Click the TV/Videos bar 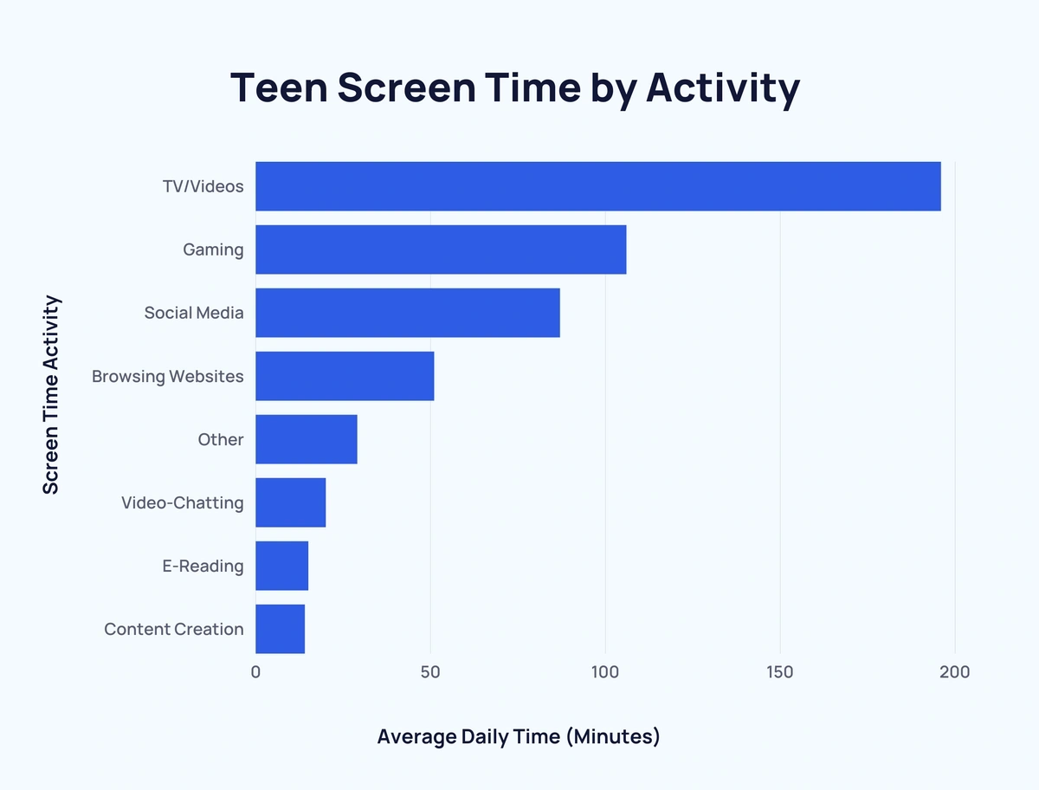click(597, 186)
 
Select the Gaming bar click(441, 249)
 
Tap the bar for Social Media click(408, 313)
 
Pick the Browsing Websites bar click(345, 376)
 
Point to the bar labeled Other click(307, 439)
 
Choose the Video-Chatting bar click(291, 502)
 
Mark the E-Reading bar click(282, 566)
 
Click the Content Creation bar click(281, 629)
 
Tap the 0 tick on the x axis click(255, 672)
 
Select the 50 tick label click(430, 672)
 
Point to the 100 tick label click(605, 672)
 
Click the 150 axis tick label click(780, 672)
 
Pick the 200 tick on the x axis click(955, 672)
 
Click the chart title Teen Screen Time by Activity click(515, 88)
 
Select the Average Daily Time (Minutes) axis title click(519, 737)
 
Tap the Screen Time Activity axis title click(52, 395)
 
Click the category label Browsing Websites click(168, 377)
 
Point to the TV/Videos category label click(203, 186)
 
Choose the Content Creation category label click(174, 630)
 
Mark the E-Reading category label click(203, 567)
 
